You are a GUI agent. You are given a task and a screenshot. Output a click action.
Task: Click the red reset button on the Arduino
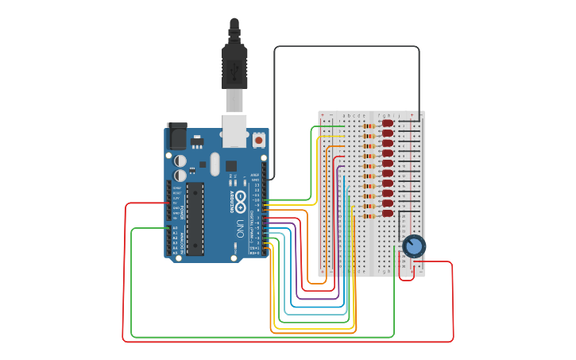click(x=258, y=141)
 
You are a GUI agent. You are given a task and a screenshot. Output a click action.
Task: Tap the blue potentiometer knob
click(x=414, y=246)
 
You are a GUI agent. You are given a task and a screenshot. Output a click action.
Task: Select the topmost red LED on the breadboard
click(x=387, y=123)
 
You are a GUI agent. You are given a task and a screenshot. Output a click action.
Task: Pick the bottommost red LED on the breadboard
click(x=387, y=213)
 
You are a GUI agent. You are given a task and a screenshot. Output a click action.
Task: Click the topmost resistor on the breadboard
click(x=369, y=126)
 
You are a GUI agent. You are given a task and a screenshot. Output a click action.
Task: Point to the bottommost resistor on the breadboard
click(x=369, y=215)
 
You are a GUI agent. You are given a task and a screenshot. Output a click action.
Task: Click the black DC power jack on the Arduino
click(x=176, y=136)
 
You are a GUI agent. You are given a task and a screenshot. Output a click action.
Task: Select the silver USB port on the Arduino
click(x=234, y=131)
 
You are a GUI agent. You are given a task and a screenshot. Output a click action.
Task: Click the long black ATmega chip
click(x=195, y=219)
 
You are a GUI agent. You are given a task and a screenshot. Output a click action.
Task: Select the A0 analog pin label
click(x=176, y=228)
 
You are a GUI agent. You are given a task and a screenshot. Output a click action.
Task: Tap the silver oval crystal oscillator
click(x=215, y=165)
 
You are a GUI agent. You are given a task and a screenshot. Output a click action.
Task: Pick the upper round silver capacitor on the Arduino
click(x=180, y=161)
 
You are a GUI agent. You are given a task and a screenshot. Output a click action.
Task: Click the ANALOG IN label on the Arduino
click(x=182, y=239)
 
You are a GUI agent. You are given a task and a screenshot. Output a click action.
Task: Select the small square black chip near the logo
click(x=231, y=166)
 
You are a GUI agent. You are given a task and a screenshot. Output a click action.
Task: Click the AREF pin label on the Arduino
click(x=255, y=174)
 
